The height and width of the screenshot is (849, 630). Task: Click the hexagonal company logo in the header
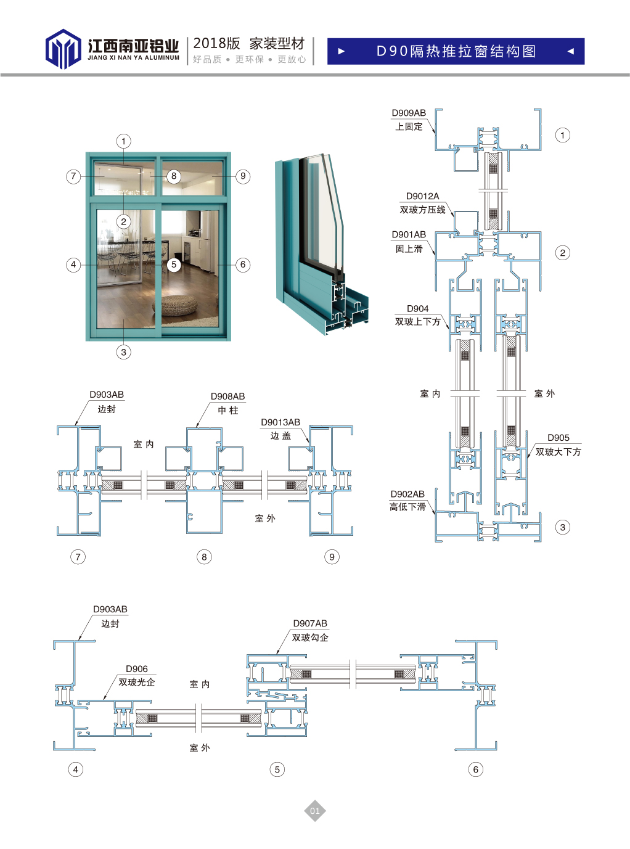coord(63,49)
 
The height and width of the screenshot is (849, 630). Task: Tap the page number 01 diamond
coord(314,811)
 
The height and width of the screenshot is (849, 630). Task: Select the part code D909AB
coord(409,113)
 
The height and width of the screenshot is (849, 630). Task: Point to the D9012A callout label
coord(422,196)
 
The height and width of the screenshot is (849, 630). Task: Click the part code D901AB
coord(409,235)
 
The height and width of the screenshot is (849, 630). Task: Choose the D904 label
coord(417,308)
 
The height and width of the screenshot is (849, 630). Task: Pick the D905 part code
coord(558,438)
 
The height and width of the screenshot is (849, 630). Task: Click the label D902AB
coord(407,494)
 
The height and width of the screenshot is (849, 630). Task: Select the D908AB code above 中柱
coord(227,396)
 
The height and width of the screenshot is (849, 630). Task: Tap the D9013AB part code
coord(280,422)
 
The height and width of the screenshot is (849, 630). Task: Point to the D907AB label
coord(310,623)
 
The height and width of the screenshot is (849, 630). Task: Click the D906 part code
coord(137,669)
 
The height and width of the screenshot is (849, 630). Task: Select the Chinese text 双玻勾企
coord(310,638)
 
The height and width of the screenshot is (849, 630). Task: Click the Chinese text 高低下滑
coord(407,507)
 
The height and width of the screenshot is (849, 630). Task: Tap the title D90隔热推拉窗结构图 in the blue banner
coord(456,51)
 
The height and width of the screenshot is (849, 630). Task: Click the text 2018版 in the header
coord(216,44)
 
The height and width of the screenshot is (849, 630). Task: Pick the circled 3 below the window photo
coord(124,352)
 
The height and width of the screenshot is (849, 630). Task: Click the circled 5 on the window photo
coord(174,265)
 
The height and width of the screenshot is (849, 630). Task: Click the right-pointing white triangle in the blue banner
coord(342,51)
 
